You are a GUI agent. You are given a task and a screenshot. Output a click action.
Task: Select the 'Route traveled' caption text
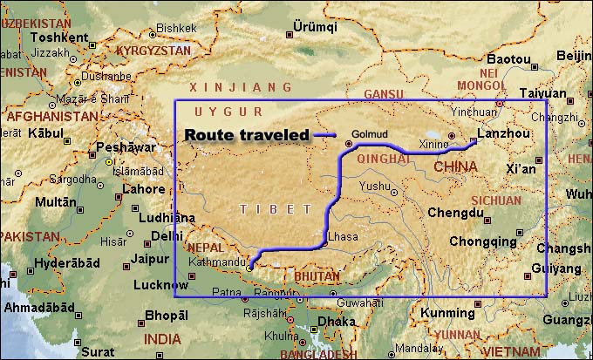(x=247, y=134)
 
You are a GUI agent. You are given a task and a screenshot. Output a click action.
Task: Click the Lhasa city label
(x=343, y=236)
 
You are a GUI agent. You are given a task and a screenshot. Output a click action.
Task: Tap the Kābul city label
(x=45, y=133)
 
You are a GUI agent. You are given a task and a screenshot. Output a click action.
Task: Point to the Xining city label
(x=433, y=143)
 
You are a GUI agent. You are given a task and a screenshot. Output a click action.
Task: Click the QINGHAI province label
(x=384, y=160)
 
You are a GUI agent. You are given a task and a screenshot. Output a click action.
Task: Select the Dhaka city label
(x=336, y=321)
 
